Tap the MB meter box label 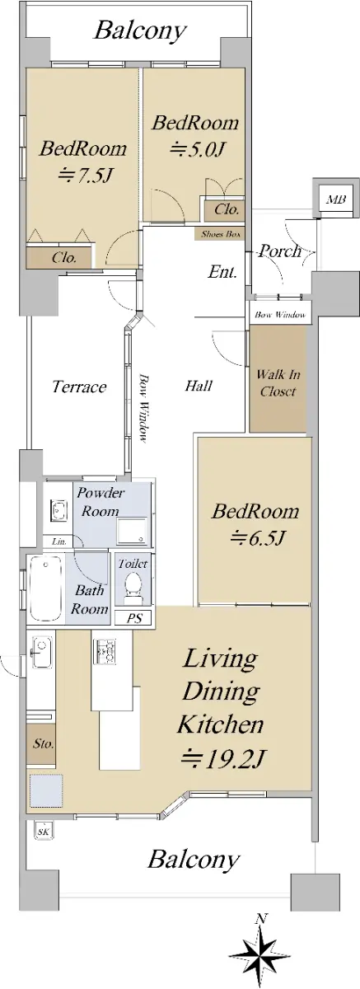(336, 199)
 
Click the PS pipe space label (135, 618)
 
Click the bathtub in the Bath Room (46, 588)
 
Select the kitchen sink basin (40, 654)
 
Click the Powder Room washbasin (58, 509)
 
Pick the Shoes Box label (220, 234)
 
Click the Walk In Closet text (278, 382)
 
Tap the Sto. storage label (43, 744)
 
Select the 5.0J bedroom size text (198, 150)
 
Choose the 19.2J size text (222, 758)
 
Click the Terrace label (79, 387)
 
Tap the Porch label (280, 251)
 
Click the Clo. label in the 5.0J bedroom (227, 209)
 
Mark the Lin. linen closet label (59, 541)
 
